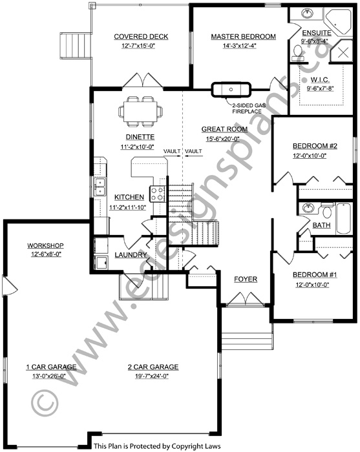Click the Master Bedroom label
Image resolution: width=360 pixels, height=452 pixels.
point(243,37)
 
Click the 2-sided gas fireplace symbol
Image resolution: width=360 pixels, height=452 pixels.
point(231,89)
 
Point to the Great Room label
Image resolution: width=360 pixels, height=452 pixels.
point(224,129)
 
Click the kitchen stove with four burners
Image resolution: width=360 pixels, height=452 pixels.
point(157,194)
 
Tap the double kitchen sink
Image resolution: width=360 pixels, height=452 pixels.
point(100,187)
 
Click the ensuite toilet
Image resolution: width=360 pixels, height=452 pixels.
point(297,52)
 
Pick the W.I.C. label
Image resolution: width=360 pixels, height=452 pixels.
point(320,80)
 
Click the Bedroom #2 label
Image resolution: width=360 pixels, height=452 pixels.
point(315,146)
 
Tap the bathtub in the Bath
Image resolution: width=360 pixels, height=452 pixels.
point(344,218)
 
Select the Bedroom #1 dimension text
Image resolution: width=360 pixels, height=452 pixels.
point(312,285)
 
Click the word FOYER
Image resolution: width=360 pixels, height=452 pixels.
point(246,279)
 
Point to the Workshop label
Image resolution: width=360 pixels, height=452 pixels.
point(45,245)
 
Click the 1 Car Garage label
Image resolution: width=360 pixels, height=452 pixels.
point(51,367)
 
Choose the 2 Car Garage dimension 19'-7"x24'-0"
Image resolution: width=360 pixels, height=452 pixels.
point(152,376)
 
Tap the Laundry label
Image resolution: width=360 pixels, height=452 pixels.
point(131,255)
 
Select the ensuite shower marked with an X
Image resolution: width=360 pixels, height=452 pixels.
point(341,51)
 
